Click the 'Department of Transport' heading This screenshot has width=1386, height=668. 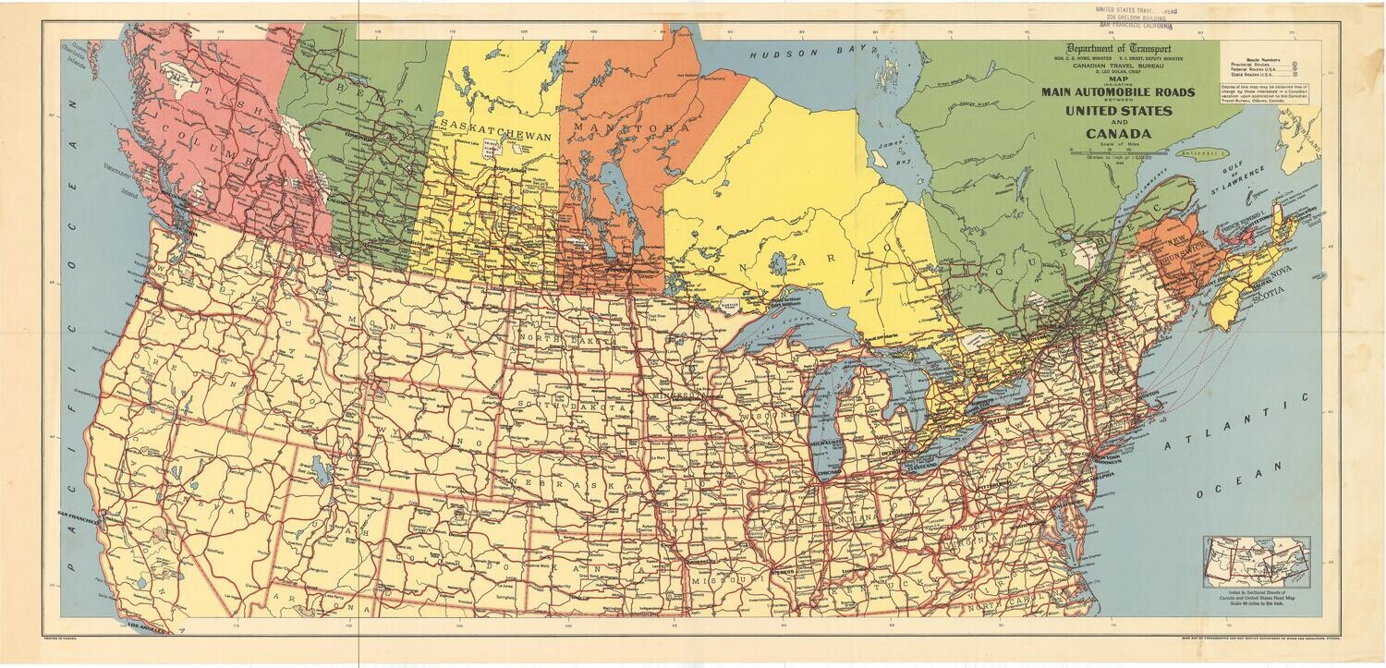1118,49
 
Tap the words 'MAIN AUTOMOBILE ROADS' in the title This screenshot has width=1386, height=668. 1118,91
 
